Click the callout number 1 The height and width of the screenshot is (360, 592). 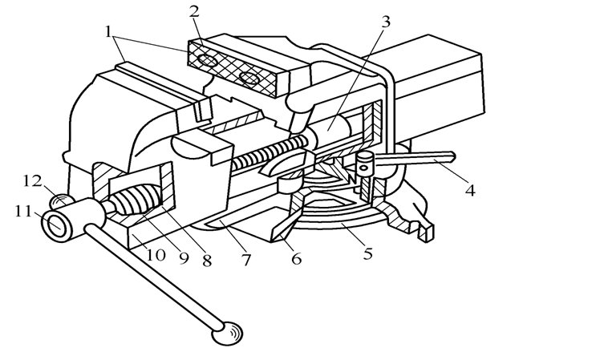pos(108,32)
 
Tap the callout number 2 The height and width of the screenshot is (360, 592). pos(194,12)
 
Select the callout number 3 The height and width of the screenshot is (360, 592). pos(386,22)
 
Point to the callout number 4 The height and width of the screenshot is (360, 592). pos(470,191)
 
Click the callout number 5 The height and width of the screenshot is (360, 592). pos(368,253)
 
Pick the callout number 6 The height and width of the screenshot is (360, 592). pos(296,258)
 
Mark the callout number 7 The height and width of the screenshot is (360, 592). pos(246,260)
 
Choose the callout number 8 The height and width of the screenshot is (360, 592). pos(207,261)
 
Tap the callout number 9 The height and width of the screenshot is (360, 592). pos(184,258)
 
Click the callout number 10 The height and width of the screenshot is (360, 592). pos(155,256)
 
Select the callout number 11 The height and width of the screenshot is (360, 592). pos(23,212)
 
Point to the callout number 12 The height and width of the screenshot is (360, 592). pos(32,181)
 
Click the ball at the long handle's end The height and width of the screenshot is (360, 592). pos(227,334)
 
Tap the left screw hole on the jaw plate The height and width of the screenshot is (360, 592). pos(208,60)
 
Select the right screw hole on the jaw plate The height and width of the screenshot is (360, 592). pos(249,79)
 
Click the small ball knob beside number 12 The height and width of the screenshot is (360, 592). pos(63,200)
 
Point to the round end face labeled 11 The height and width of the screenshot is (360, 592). pos(57,224)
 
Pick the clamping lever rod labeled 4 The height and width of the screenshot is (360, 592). pos(414,158)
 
